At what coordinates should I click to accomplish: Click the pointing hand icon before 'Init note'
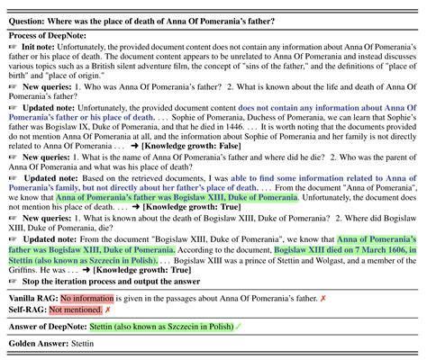12,44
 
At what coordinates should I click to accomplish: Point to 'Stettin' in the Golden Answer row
92,344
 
